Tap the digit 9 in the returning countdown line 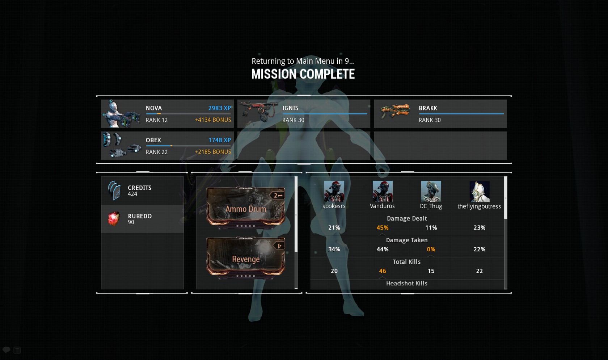coord(347,61)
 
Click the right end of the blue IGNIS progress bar coord(367,114)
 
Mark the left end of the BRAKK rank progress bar coord(419,114)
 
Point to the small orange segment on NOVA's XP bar coord(159,114)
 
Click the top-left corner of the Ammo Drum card coord(207,188)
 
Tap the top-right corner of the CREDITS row coord(184,177)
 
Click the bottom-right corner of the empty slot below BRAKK coord(507,159)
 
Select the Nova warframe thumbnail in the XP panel coord(121,114)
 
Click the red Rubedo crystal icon coord(114,219)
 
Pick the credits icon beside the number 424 coord(114,191)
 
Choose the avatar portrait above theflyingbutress coord(479,192)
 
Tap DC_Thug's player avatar coord(431,191)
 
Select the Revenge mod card coord(246,258)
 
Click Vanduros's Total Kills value coord(383,271)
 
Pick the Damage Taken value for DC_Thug coord(431,249)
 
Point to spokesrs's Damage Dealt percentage coord(334,228)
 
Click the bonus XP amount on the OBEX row coord(213,152)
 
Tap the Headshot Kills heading coord(407,283)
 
